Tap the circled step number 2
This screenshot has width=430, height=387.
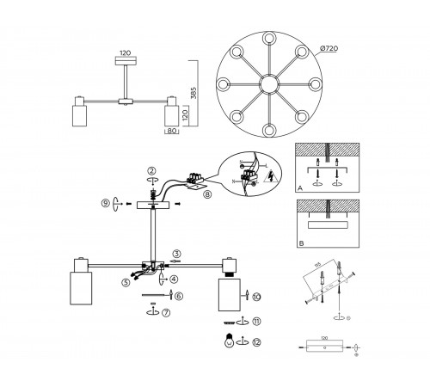point(151,170)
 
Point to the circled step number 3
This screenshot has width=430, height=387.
point(175,254)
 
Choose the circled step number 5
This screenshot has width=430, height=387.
point(126,281)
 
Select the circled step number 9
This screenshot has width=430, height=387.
point(105,204)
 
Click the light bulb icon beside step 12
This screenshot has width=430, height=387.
point(229,339)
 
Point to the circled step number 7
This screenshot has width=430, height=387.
point(166,311)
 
